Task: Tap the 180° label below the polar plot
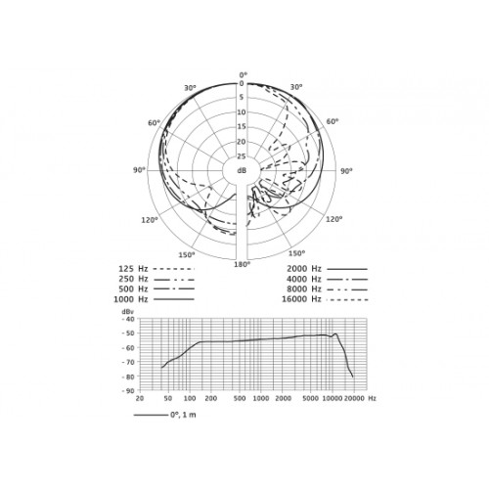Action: pos(242,264)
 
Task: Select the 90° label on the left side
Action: pos(139,170)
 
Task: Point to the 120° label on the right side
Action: pos(334,219)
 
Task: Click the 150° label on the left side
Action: pos(187,255)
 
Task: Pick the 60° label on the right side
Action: pos(333,121)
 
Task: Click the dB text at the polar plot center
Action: pos(242,170)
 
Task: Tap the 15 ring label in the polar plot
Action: pos(242,127)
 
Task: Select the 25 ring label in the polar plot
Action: pos(242,156)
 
